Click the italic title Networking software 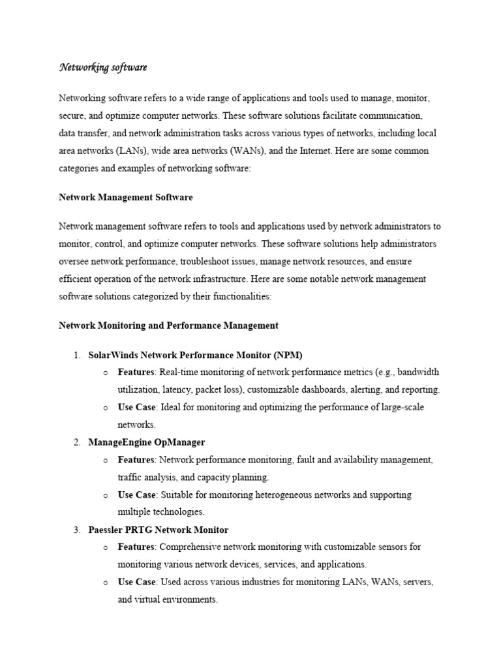[x=103, y=67]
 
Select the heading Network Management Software [x=126, y=197]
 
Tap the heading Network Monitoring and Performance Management [x=169, y=325]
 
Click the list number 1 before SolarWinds [x=76, y=355]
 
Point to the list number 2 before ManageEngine [x=76, y=442]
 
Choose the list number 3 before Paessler [x=76, y=530]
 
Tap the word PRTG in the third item [x=140, y=530]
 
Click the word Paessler [x=106, y=530]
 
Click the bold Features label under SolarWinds [x=136, y=372]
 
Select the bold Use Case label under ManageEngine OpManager [x=136, y=494]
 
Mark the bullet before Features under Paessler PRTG [x=105, y=547]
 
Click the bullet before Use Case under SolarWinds [x=105, y=408]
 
